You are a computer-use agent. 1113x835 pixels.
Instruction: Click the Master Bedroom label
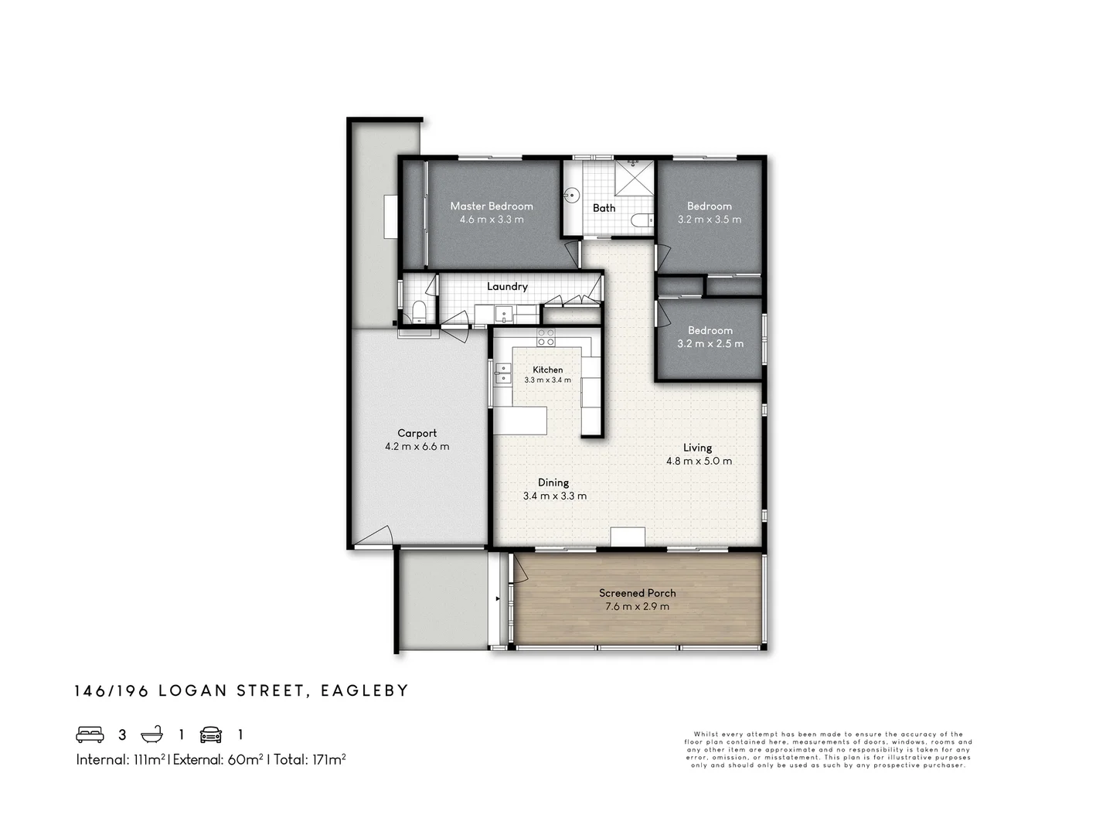[492, 206]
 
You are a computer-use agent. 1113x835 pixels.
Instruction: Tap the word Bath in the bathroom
[604, 208]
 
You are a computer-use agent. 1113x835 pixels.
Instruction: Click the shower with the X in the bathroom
[635, 179]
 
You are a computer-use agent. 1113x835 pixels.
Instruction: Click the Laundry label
[507, 286]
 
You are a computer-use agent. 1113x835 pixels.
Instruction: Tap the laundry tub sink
[503, 315]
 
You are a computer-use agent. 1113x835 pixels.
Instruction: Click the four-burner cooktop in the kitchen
[546, 337]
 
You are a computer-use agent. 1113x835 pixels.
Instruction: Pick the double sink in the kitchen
[503, 373]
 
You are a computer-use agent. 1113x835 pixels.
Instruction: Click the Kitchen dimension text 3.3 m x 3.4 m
[547, 380]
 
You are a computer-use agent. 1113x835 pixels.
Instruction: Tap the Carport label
[417, 433]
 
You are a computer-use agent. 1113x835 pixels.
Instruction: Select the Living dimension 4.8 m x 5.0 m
[699, 461]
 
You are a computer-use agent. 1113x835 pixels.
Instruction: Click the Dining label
[553, 482]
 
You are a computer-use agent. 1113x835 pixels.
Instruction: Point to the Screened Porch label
[637, 593]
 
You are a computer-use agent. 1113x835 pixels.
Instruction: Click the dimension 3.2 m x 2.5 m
[710, 343]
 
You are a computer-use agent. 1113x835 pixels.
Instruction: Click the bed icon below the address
[90, 734]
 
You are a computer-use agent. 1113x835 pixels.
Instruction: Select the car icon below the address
[211, 734]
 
